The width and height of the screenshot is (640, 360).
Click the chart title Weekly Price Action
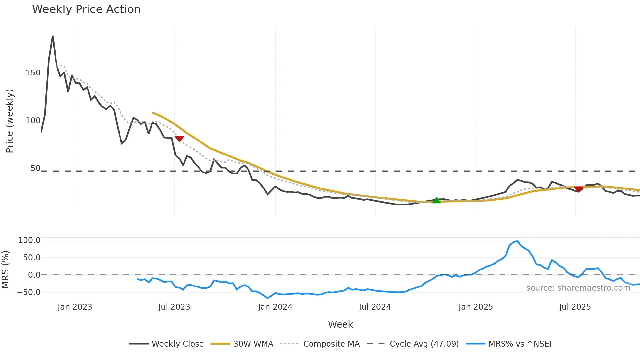pyautogui.click(x=86, y=9)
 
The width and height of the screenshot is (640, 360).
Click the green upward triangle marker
pyautogui.click(x=436, y=200)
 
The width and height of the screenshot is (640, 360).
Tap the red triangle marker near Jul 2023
pyautogui.click(x=179, y=139)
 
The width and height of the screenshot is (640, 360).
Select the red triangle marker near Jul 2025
pyautogui.click(x=578, y=189)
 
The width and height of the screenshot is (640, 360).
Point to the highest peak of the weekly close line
pyautogui.click(x=53, y=36)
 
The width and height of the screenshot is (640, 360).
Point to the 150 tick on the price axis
pyautogui.click(x=33, y=73)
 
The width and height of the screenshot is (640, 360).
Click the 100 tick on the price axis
pyautogui.click(x=33, y=121)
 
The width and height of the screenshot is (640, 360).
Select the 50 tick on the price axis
pyautogui.click(x=35, y=168)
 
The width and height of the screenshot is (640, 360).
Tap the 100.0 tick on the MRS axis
pyautogui.click(x=29, y=240)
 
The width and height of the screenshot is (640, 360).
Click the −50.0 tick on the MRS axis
pyautogui.click(x=29, y=292)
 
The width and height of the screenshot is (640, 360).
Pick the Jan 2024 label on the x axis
pyautogui.click(x=275, y=307)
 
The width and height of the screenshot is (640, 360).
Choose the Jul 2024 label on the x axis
pyautogui.click(x=375, y=307)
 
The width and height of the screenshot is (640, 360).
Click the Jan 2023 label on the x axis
pyautogui.click(x=75, y=307)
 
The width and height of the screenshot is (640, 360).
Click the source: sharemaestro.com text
pyautogui.click(x=578, y=288)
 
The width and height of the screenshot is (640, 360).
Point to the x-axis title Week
pyautogui.click(x=340, y=324)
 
